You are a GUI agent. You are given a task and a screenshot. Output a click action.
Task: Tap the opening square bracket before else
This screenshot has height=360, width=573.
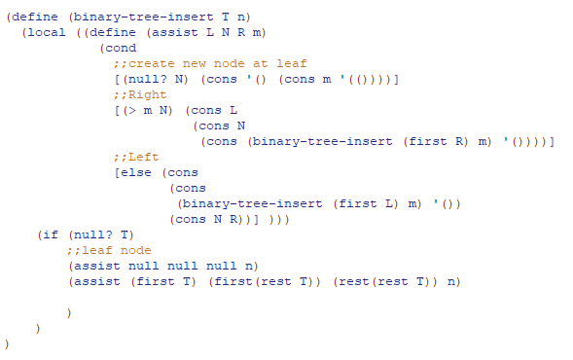click(x=117, y=172)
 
